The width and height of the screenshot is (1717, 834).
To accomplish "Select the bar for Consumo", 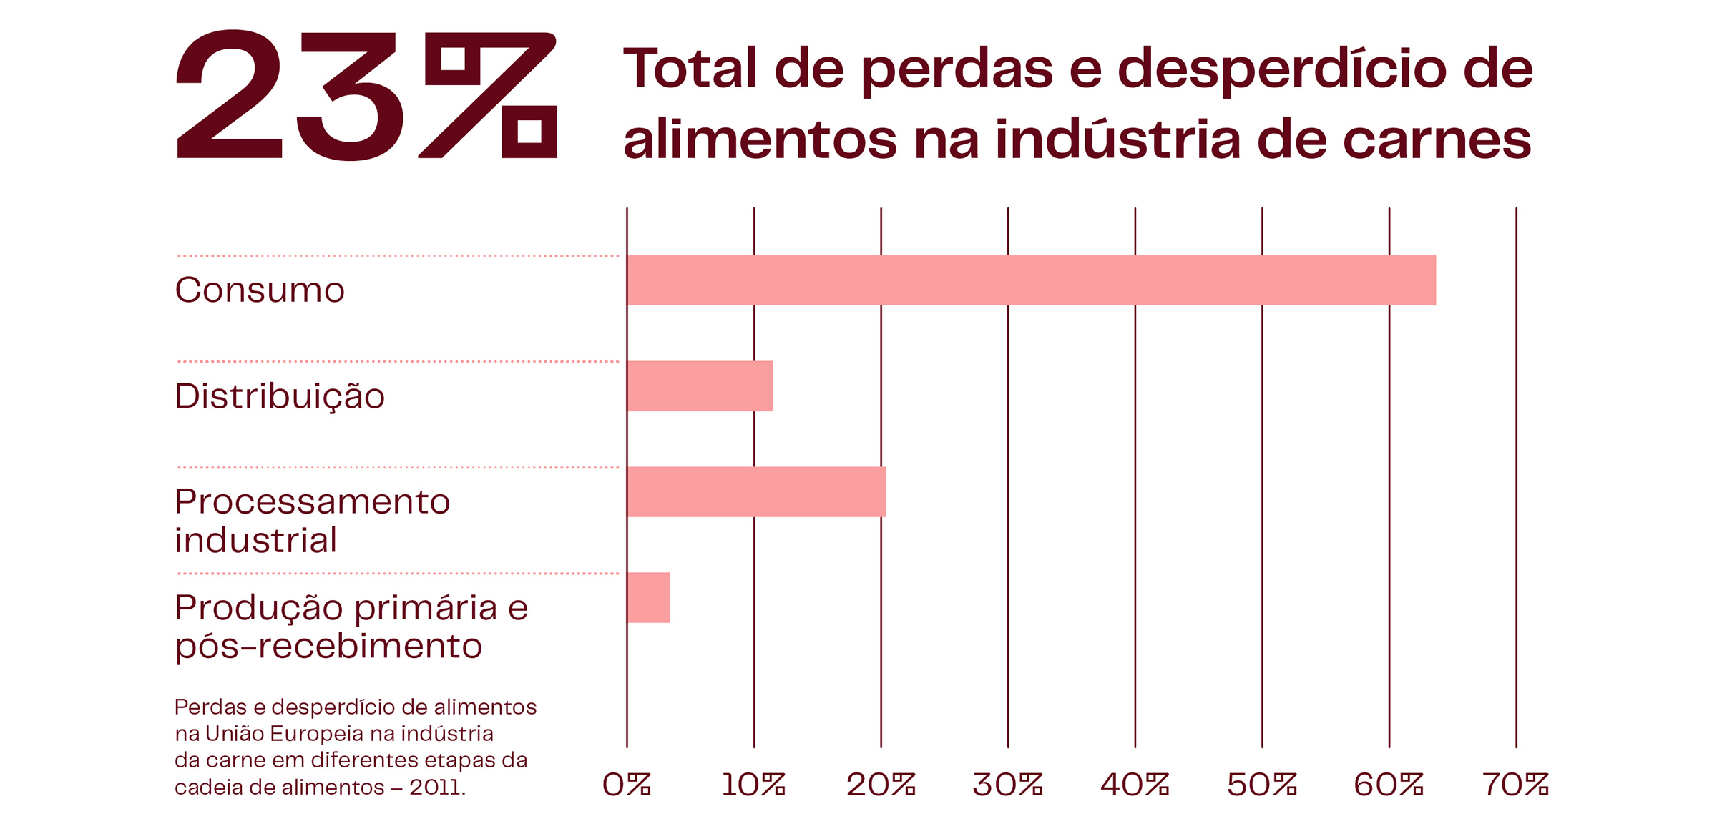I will (x=1030, y=280).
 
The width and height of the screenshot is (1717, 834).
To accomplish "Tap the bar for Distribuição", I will (x=700, y=386).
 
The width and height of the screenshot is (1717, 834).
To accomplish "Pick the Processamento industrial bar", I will (x=756, y=492).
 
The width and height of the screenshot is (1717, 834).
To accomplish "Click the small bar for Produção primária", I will (x=648, y=598).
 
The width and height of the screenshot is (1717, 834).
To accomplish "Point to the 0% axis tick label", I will (x=626, y=785).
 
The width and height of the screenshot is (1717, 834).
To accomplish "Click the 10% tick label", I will (x=753, y=785).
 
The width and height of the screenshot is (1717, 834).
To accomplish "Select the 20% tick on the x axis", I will (x=881, y=785).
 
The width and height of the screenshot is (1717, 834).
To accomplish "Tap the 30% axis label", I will (x=1007, y=785).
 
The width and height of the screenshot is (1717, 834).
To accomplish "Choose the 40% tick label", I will (x=1135, y=785).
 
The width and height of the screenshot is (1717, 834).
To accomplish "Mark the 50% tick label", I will (x=1262, y=785).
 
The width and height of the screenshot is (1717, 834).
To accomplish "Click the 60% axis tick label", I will (x=1389, y=785).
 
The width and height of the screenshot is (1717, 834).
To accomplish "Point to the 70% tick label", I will (x=1515, y=785).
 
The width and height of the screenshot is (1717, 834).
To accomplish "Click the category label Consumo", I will (x=260, y=290).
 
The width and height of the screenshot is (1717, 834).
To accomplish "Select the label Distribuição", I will (x=280, y=396).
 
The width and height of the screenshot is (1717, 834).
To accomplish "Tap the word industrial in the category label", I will (x=255, y=541).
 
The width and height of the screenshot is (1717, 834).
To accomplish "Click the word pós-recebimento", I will (x=328, y=647).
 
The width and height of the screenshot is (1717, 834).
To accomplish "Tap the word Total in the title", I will (x=690, y=69).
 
